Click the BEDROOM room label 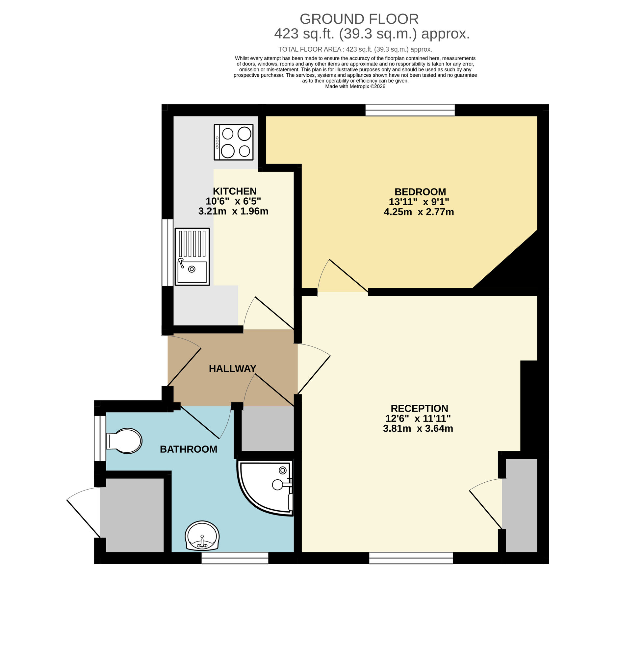coord(420,192)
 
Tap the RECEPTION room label coord(419,409)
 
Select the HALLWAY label coord(232,368)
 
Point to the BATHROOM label coord(189,449)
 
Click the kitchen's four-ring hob coord(233,142)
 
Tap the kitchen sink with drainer coord(192,257)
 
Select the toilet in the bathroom coord(124,441)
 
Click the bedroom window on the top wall coord(410,110)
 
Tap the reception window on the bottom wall coord(411,558)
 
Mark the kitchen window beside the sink coord(167,253)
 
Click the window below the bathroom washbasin coord(235,558)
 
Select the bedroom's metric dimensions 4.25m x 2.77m coord(419,212)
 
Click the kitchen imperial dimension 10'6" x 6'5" coord(233,201)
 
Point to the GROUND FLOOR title coord(359,19)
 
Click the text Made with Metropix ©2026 coord(355,87)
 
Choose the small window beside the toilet coord(100,438)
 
